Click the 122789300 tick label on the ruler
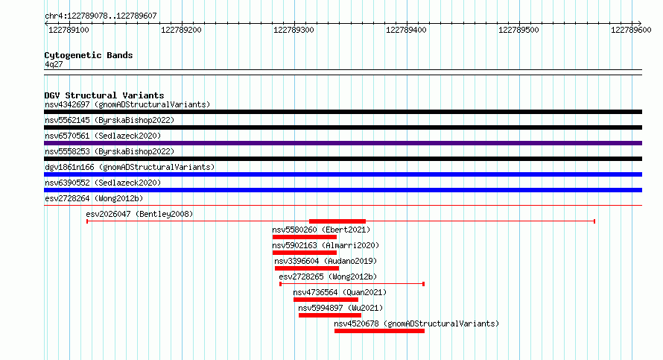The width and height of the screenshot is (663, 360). coord(294,30)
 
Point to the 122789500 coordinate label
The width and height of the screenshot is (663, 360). coord(518,30)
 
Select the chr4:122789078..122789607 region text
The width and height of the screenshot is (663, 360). coord(101,16)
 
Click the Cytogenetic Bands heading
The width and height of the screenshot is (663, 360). coord(89,55)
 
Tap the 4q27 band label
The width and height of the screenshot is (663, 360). coord(54,64)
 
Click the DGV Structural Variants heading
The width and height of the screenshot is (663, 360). coord(104,95)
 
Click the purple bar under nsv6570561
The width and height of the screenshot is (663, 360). coord(343,143)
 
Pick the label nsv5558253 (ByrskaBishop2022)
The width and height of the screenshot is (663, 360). coord(110,151)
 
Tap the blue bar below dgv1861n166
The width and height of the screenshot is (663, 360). coord(343,174)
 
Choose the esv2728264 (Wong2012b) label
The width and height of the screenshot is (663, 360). coord(94,198)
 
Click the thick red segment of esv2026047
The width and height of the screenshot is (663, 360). coord(337,221)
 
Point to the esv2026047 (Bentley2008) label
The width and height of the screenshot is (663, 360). coord(139,214)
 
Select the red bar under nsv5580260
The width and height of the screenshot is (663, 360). coord(305,237)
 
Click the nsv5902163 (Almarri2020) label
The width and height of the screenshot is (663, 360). coord(326,245)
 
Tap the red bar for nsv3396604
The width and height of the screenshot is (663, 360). coord(307,268)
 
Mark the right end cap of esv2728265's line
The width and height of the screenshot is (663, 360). coord(424,284)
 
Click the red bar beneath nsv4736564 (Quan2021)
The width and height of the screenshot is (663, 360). coord(326,300)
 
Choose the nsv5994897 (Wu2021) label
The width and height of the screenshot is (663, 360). coord(340,308)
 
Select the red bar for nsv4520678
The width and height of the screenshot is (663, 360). coord(379,331)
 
